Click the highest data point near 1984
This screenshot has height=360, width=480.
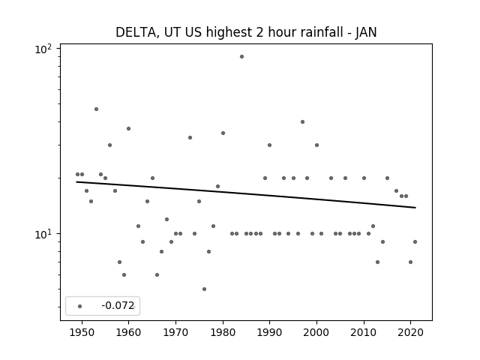(241, 57)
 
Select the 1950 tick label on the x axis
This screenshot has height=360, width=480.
(82, 332)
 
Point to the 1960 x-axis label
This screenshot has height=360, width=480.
(128, 332)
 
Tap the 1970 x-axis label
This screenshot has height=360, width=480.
(175, 332)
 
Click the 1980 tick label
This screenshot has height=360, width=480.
(223, 332)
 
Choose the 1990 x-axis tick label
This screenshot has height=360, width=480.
(270, 332)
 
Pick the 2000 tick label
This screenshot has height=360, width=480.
(316, 332)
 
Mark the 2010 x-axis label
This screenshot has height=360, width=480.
(364, 332)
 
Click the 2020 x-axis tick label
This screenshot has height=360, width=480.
(411, 332)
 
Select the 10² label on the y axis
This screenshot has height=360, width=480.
(43, 49)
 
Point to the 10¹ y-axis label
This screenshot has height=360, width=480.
(43, 234)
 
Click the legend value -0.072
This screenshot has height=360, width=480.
(118, 305)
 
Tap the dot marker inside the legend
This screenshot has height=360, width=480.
(80, 306)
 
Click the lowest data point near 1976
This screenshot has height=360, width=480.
(204, 289)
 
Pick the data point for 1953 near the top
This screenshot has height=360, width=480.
(96, 109)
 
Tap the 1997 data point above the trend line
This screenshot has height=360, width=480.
(302, 121)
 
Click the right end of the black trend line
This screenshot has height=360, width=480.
(415, 208)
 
